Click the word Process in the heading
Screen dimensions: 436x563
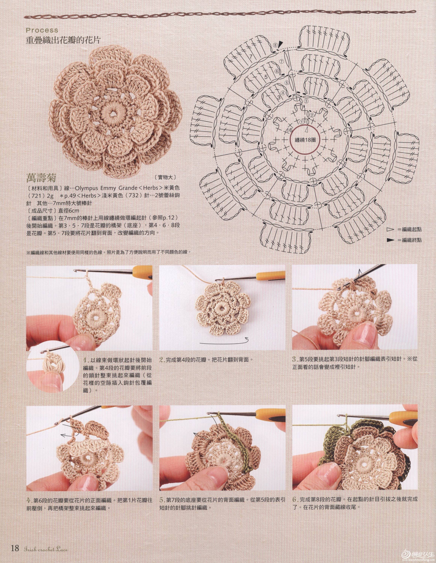(42, 30)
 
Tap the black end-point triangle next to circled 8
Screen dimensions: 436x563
(280, 45)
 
